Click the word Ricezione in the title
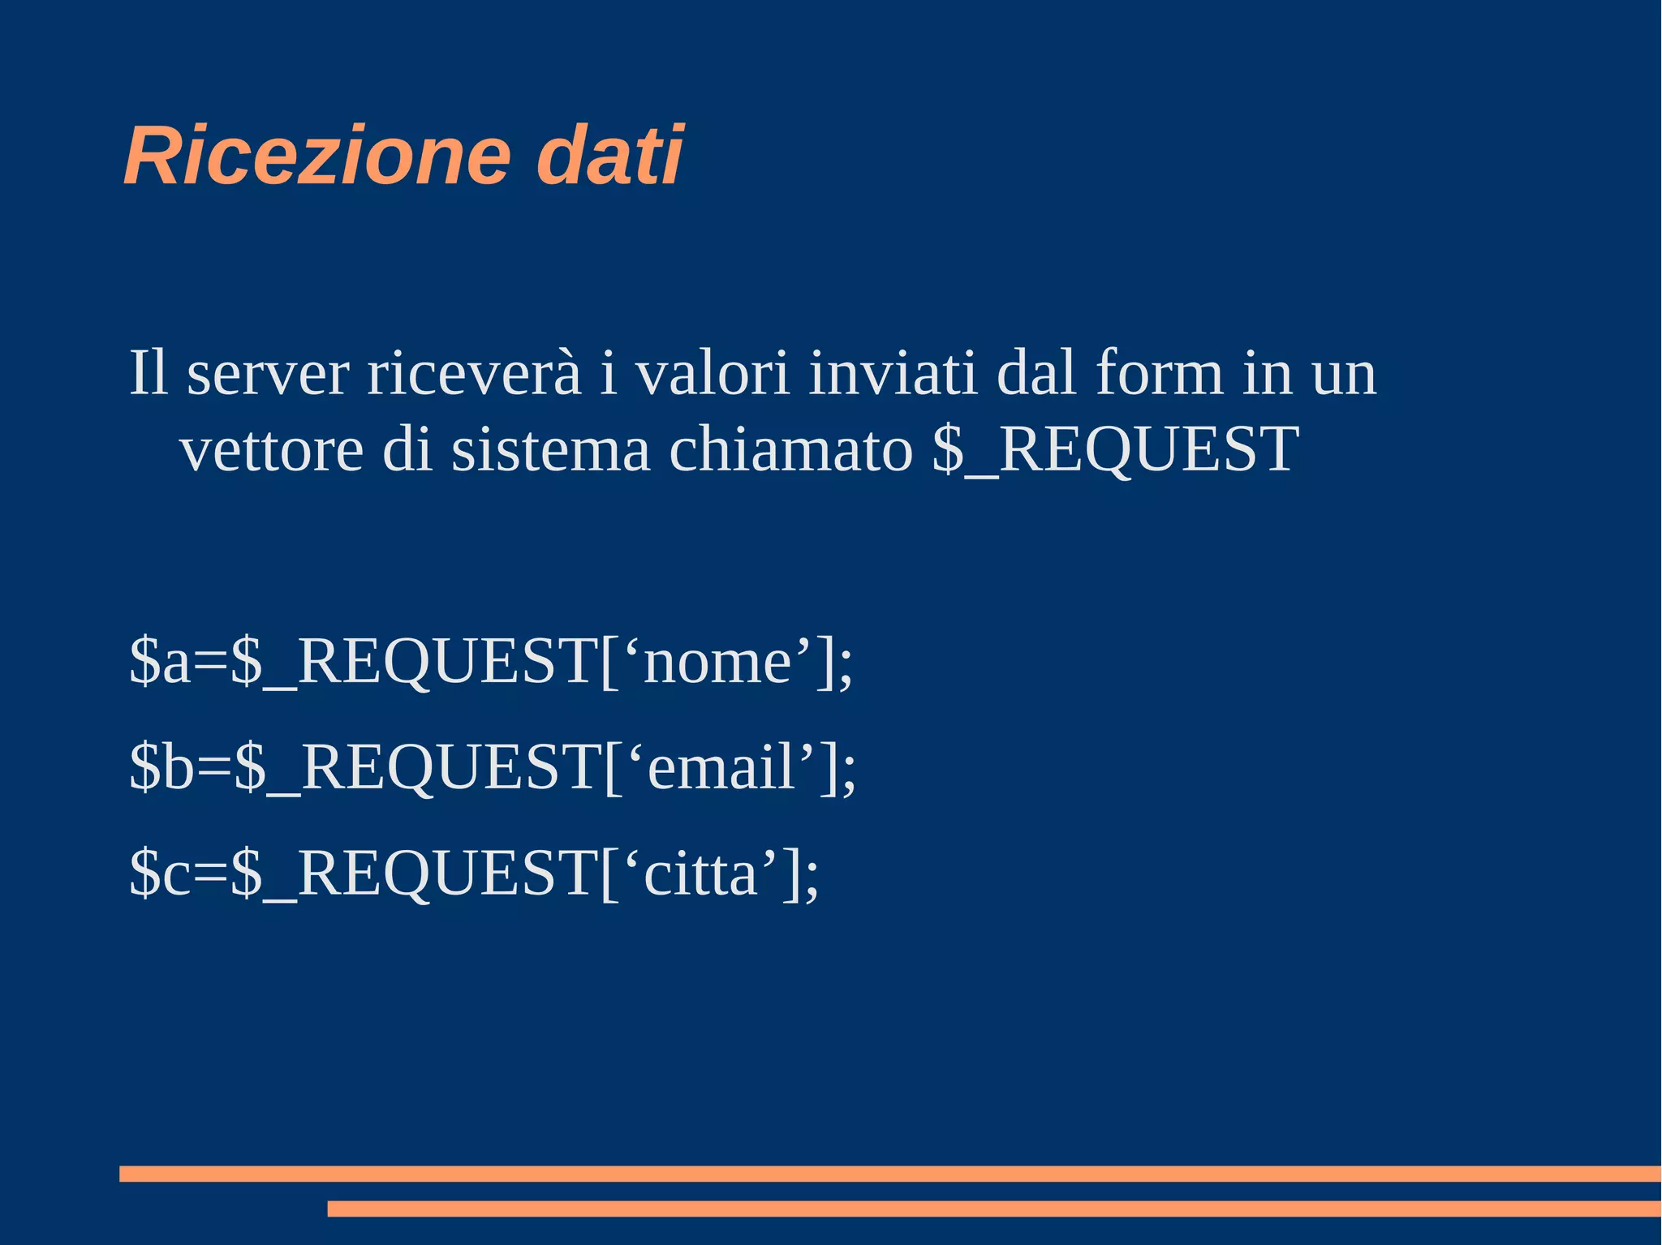tap(317, 156)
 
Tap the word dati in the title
tap(609, 156)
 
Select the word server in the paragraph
tap(268, 375)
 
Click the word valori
tap(712, 375)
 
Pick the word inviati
tap(893, 375)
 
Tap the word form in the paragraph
tap(1159, 375)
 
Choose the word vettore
tap(271, 451)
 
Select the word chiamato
tap(791, 451)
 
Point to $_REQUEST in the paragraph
tap(1116, 451)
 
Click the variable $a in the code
tap(160, 662)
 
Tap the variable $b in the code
tap(161, 767)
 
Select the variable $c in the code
tap(160, 874)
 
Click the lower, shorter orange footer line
tap(994, 1209)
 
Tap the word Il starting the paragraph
tap(149, 375)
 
